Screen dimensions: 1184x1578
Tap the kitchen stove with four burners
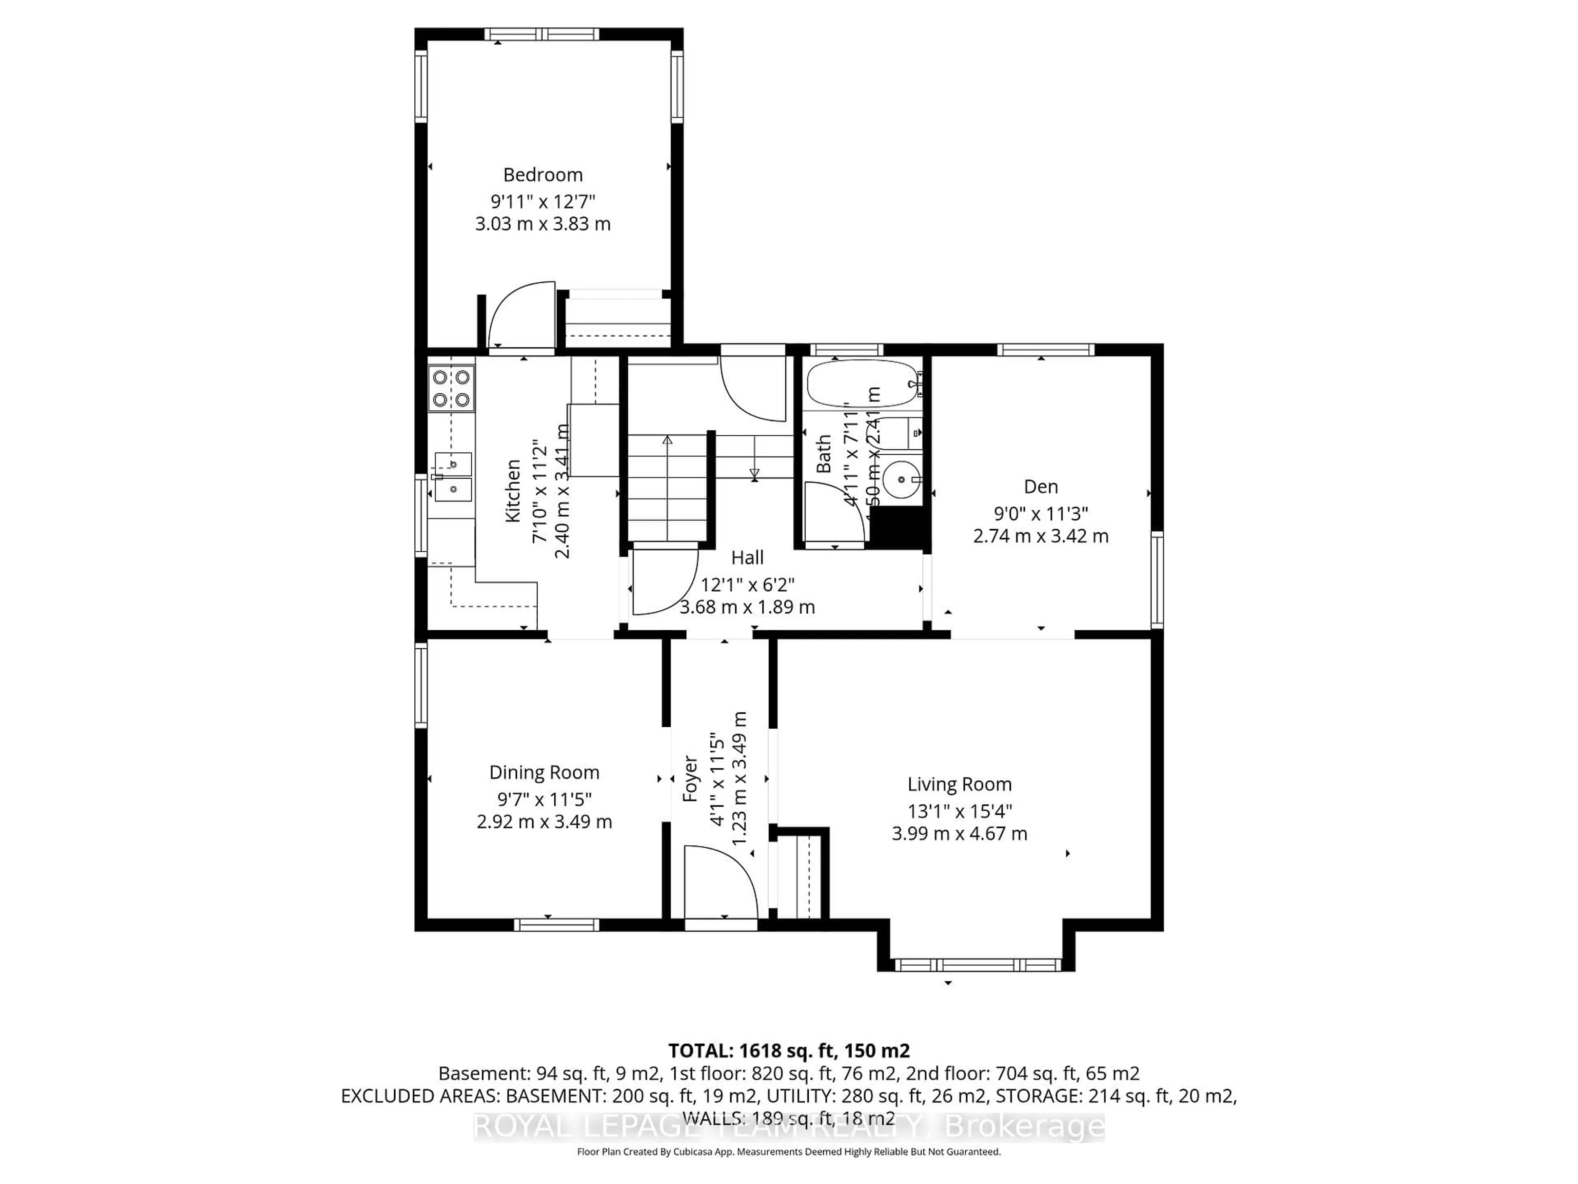click(x=451, y=388)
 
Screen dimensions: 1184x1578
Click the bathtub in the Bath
click(x=862, y=384)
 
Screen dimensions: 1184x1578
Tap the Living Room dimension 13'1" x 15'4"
click(x=960, y=811)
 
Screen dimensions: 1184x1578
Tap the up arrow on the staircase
click(x=667, y=440)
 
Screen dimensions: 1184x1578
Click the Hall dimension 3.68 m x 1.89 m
click(x=747, y=607)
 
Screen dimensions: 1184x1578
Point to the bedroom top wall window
click(x=542, y=34)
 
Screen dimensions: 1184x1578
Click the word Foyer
click(x=690, y=778)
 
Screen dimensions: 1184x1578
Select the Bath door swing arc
click(x=835, y=510)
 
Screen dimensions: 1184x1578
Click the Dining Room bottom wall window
click(x=556, y=925)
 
